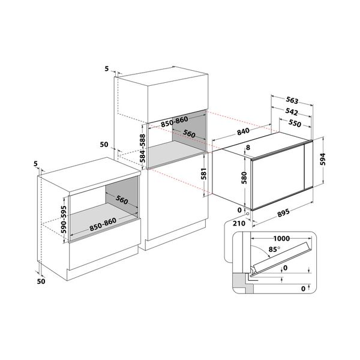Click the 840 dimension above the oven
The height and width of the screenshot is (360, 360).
pyautogui.click(x=243, y=131)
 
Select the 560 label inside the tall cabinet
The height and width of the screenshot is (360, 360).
pyautogui.click(x=190, y=134)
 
